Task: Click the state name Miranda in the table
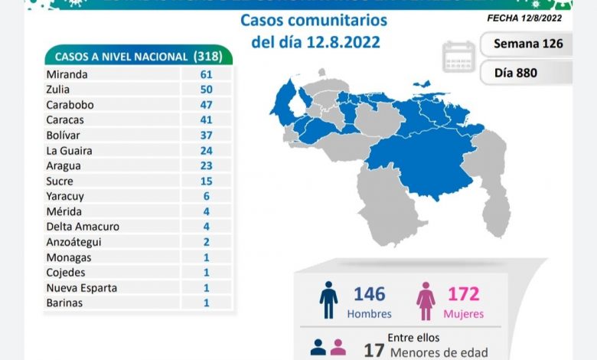(x=67, y=74)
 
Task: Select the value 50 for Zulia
(x=205, y=90)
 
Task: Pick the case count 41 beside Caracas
(x=205, y=120)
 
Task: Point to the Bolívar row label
(x=64, y=135)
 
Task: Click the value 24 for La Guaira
(x=205, y=150)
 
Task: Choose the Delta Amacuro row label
(x=82, y=227)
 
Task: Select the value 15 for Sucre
(x=205, y=181)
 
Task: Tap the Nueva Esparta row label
(x=81, y=287)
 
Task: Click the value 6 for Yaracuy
(x=206, y=196)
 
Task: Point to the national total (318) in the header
(x=204, y=56)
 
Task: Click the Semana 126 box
(x=527, y=44)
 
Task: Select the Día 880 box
(x=527, y=74)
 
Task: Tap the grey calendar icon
(x=458, y=56)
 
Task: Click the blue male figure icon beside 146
(x=328, y=299)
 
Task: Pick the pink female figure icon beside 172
(x=426, y=300)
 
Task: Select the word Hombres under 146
(x=369, y=314)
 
